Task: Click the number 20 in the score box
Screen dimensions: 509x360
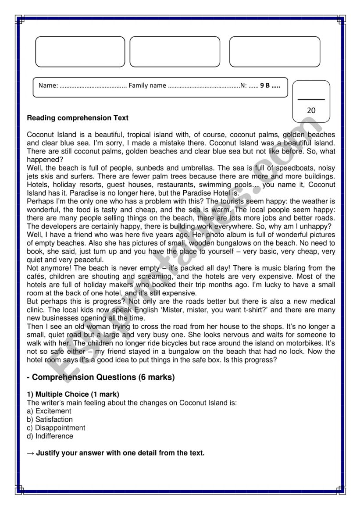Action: tap(311, 110)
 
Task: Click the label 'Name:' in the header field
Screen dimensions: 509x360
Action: tap(48, 85)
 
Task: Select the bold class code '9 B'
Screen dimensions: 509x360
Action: tap(265, 85)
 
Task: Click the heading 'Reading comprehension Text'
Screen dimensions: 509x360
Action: tap(78, 118)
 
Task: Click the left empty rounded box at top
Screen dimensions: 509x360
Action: tap(80, 52)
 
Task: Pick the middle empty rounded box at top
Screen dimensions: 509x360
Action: tap(175, 52)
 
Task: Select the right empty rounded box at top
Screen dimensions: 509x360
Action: tap(274, 52)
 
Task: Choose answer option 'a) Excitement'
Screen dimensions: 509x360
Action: tap(49, 411)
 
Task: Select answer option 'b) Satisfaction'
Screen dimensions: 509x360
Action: tap(50, 420)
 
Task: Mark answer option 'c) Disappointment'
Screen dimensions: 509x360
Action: tap(56, 428)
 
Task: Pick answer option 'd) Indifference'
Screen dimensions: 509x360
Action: tap(50, 436)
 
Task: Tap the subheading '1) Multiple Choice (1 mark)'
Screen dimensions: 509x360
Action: tap(73, 394)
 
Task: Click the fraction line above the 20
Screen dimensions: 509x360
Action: tap(311, 100)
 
